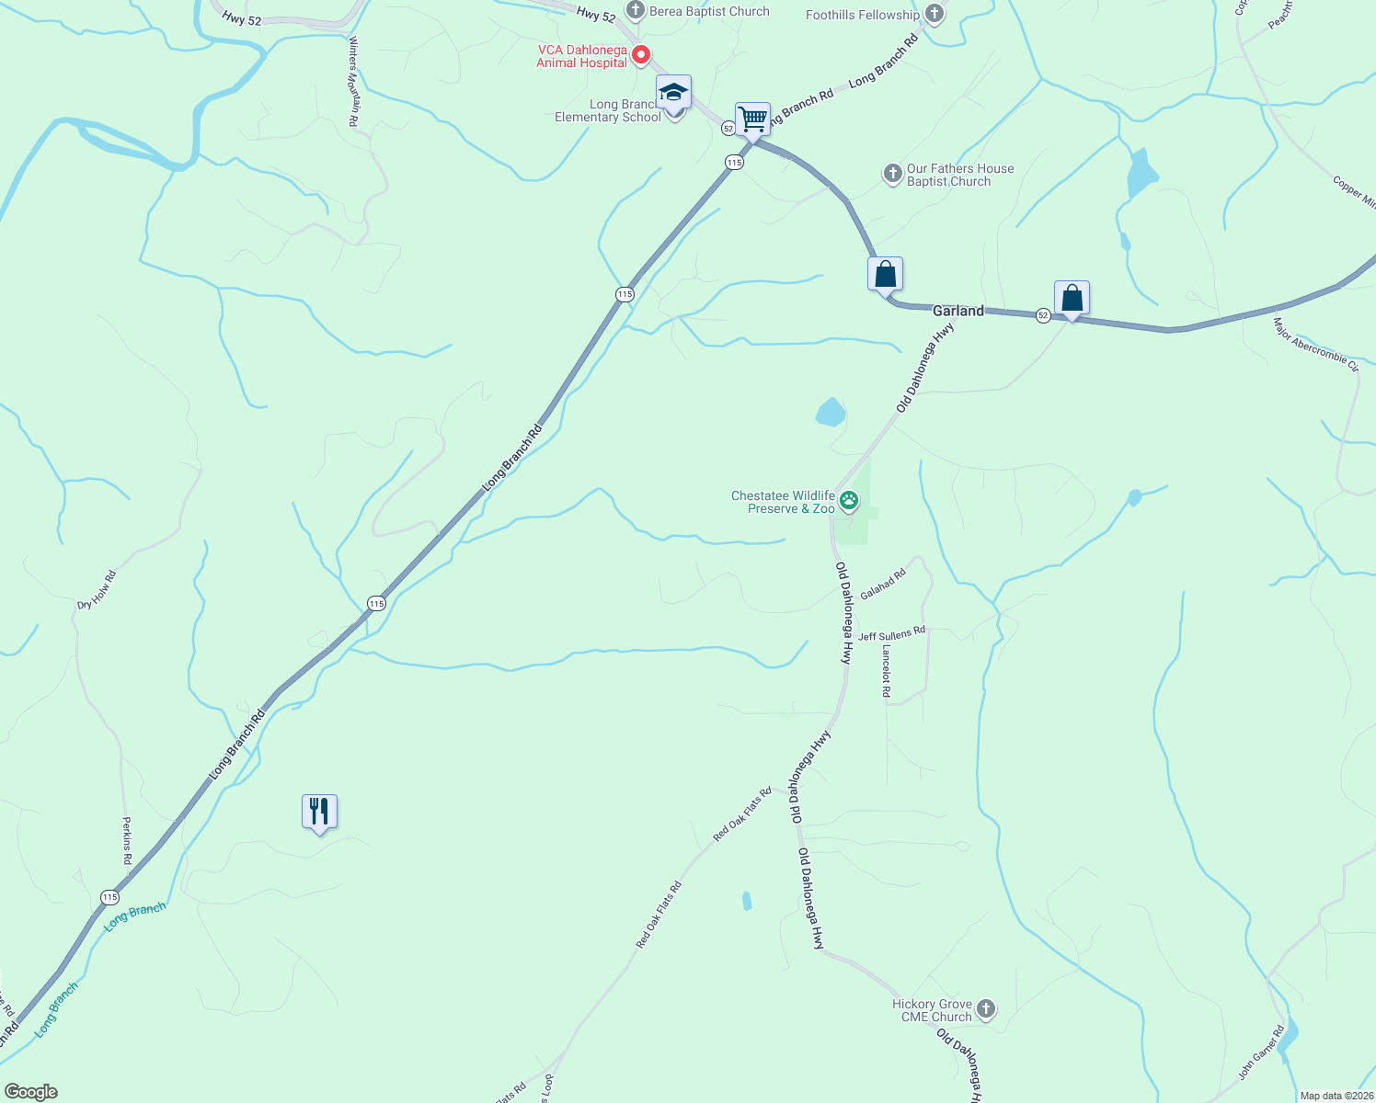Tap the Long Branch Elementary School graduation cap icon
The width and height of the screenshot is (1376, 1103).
[x=673, y=93]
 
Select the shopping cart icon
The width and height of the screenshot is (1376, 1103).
[x=752, y=119]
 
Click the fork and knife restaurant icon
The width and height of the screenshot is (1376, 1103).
[x=319, y=811]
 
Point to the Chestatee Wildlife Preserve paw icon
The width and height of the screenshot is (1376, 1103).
[x=849, y=501]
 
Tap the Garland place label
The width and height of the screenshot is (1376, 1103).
[x=957, y=311]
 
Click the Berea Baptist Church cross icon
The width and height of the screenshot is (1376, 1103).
[x=635, y=11]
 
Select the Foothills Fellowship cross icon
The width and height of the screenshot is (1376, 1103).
[x=935, y=14]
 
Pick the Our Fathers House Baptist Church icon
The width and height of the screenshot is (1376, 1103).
[x=891, y=174]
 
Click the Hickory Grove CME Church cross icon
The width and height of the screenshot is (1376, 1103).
[x=985, y=1009]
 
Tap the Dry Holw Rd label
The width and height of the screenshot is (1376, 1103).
[x=97, y=590]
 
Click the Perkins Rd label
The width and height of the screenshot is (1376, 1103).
[x=127, y=840]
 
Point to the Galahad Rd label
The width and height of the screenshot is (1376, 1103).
[x=883, y=585]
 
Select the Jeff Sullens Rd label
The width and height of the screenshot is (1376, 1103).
[x=891, y=634]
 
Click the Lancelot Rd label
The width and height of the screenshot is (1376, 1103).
[x=886, y=671]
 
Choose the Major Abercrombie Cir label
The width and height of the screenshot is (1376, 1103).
[x=1315, y=344]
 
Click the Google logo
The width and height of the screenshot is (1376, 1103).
[x=30, y=1092]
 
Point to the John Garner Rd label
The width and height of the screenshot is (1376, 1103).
[x=1260, y=1052]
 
